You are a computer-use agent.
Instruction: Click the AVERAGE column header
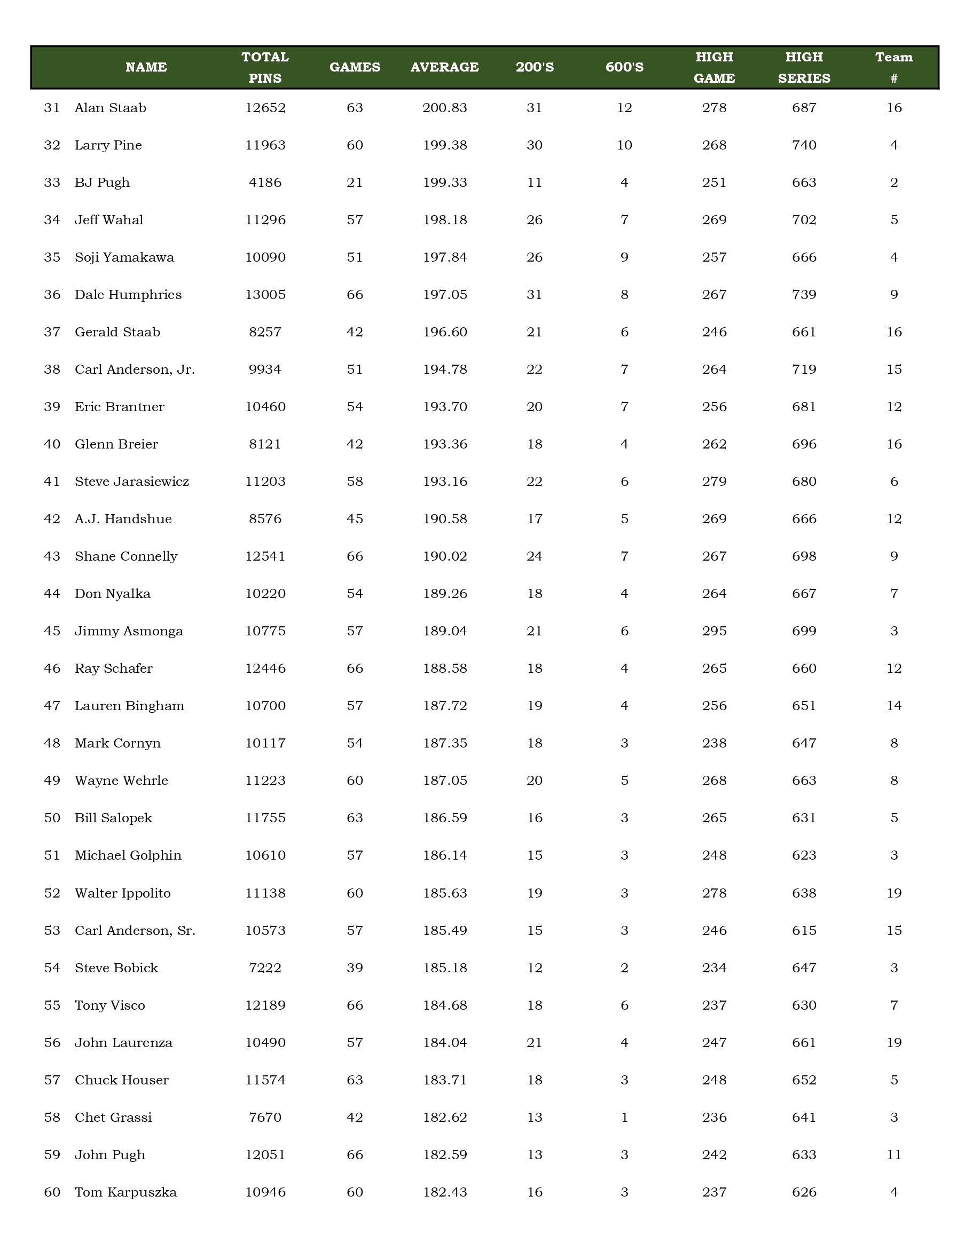(x=444, y=67)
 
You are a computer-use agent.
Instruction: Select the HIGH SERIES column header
(x=804, y=67)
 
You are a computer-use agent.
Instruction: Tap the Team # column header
(x=893, y=67)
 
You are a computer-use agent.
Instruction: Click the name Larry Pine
(x=108, y=145)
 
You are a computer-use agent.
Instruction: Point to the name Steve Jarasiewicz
(x=132, y=482)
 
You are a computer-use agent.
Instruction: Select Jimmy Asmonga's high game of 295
(x=714, y=631)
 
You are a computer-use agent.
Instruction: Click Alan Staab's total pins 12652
(x=265, y=108)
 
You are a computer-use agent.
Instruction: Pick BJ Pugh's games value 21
(x=355, y=183)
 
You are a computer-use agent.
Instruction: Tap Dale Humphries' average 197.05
(x=444, y=295)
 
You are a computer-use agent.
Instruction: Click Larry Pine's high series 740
(x=804, y=145)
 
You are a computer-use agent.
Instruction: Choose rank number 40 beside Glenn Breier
(x=52, y=444)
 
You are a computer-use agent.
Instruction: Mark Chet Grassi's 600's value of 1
(x=624, y=1118)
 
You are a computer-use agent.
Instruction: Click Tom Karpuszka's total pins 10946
(x=265, y=1192)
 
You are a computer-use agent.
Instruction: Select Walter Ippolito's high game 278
(x=714, y=893)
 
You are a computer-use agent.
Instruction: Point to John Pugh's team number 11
(x=893, y=1155)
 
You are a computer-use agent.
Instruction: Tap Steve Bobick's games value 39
(x=355, y=968)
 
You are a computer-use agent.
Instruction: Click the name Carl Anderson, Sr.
(x=135, y=931)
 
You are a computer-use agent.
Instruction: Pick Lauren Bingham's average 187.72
(x=444, y=706)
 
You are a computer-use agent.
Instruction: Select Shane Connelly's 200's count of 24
(x=535, y=556)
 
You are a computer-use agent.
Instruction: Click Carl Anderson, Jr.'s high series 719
(x=804, y=369)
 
